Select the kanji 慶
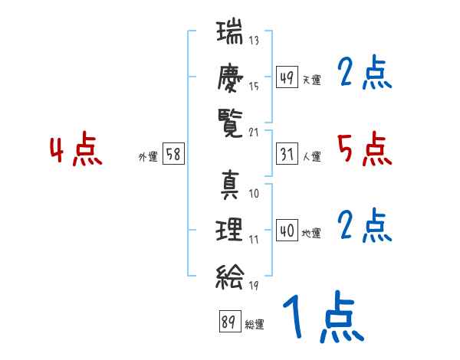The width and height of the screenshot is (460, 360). tap(230, 77)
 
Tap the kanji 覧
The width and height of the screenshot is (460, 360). tap(230, 123)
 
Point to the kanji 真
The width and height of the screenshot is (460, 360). tap(230, 185)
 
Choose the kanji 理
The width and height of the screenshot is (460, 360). tap(229, 230)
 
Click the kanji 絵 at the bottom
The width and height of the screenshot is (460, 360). tap(230, 277)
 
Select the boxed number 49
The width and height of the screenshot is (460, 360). tap(287, 77)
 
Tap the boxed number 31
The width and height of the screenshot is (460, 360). tap(287, 154)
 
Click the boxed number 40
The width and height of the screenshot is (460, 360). tap(287, 230)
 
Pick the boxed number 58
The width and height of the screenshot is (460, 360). tap(173, 154)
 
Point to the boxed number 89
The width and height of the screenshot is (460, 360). tap(230, 321)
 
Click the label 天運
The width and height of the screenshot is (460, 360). tap(312, 80)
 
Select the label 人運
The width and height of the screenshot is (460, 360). tap(312, 156)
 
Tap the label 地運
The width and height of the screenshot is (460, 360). tap(311, 233)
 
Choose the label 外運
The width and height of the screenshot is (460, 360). tap(148, 156)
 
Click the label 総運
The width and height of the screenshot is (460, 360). tap(255, 324)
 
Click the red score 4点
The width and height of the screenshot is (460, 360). tap(76, 149)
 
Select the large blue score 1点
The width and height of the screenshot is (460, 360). tap(324, 316)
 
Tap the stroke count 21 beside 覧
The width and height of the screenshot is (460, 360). tap(254, 133)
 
